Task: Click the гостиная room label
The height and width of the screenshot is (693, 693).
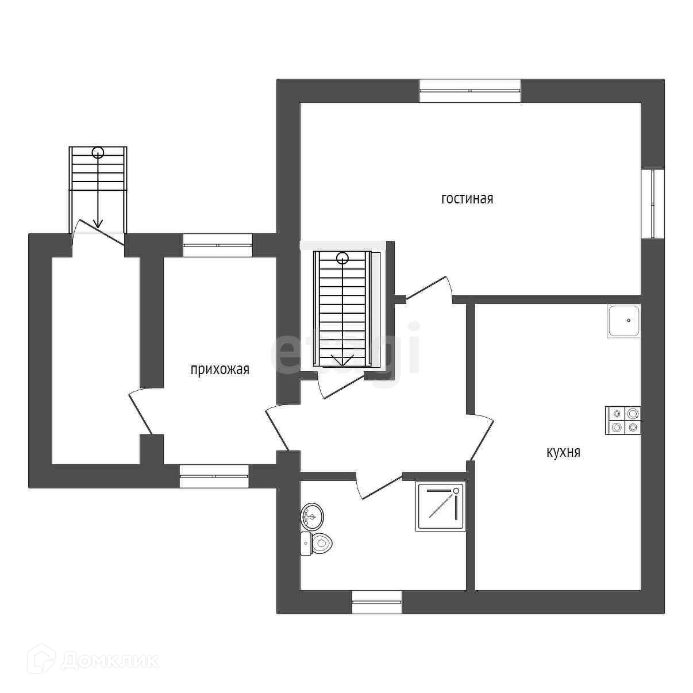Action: [x=467, y=199]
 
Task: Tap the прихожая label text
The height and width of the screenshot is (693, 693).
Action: [x=220, y=369]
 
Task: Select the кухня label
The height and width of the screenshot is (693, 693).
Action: [x=563, y=452]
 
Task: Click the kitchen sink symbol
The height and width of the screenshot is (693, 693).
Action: [x=623, y=321]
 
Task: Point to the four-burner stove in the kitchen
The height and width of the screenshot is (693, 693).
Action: [x=623, y=420]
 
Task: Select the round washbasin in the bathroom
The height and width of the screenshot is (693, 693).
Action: [x=312, y=516]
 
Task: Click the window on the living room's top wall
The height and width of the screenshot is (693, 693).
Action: [x=470, y=91]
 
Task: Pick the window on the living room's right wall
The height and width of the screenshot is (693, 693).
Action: [x=653, y=203]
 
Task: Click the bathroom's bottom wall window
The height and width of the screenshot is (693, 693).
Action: [x=376, y=602]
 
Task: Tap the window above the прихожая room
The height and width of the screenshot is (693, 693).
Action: [x=218, y=245]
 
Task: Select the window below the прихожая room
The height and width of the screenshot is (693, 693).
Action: [x=214, y=476]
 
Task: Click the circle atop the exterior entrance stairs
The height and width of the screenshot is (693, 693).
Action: [x=98, y=152]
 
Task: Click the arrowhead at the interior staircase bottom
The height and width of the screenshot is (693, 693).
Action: [x=343, y=361]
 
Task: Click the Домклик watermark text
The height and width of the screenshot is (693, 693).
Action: [x=109, y=661]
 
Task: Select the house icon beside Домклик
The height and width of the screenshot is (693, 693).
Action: [x=43, y=659]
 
